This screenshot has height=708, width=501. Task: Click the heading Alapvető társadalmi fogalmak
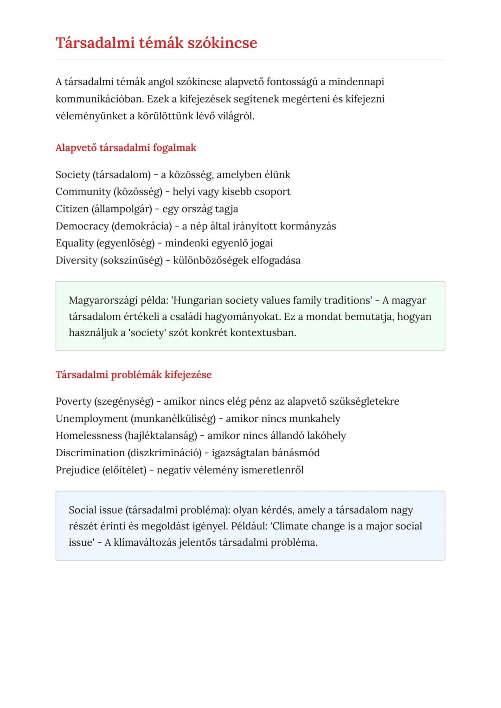click(x=126, y=148)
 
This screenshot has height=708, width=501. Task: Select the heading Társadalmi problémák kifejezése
click(x=133, y=375)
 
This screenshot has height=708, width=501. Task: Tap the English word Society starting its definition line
click(x=72, y=175)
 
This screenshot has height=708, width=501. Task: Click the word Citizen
click(x=72, y=209)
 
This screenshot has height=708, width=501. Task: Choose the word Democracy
click(x=82, y=226)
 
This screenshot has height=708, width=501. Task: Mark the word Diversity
click(x=76, y=261)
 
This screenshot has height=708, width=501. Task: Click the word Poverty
click(x=73, y=402)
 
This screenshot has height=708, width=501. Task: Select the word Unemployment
click(x=91, y=419)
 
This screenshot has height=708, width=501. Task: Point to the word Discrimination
click(x=90, y=453)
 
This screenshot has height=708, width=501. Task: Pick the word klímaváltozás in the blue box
click(x=146, y=542)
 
